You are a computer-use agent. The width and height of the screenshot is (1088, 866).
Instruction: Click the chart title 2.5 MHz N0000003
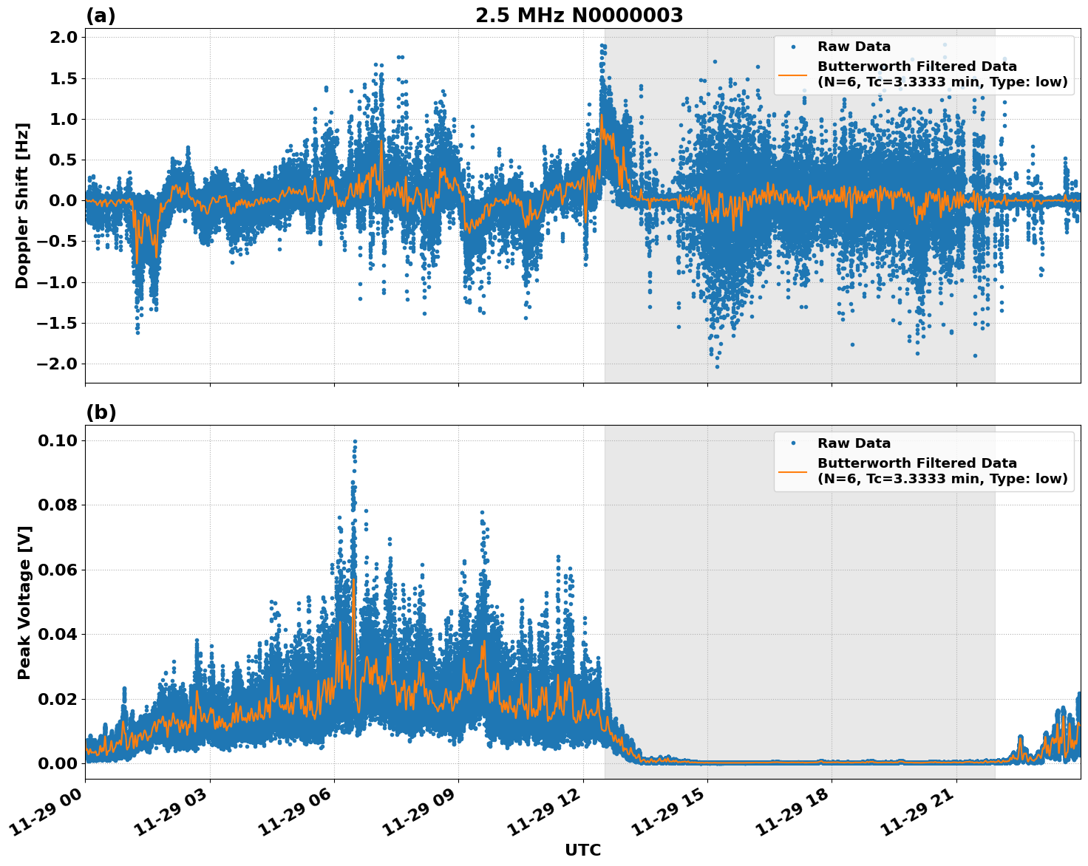coord(579,16)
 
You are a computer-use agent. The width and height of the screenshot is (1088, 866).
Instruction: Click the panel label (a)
coord(101,16)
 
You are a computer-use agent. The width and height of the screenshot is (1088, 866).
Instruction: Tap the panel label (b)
coord(101,413)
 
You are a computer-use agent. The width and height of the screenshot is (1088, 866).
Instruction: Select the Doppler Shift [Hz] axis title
coord(23,205)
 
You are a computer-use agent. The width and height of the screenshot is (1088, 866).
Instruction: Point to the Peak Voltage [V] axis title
coord(24,602)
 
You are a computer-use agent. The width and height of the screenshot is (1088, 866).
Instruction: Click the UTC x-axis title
coord(582,850)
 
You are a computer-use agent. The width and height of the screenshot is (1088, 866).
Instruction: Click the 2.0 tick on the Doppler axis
coord(63,38)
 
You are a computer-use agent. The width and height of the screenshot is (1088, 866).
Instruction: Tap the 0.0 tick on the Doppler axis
coord(63,200)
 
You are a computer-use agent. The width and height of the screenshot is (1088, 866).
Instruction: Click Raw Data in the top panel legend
coord(854,47)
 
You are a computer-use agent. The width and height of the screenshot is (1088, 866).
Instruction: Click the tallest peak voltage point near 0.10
coord(355,442)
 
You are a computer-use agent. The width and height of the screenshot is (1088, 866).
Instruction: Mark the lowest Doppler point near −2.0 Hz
coord(717,366)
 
